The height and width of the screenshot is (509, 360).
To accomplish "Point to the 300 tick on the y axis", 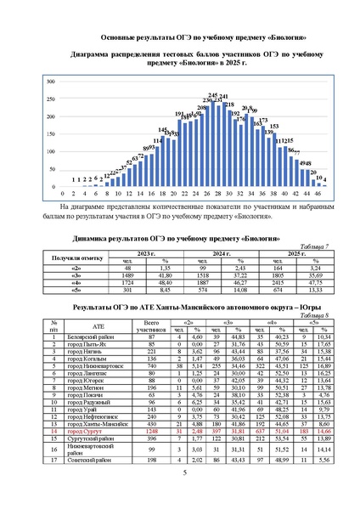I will pos(51,82).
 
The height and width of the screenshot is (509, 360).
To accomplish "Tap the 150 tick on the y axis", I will pos(51,134).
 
